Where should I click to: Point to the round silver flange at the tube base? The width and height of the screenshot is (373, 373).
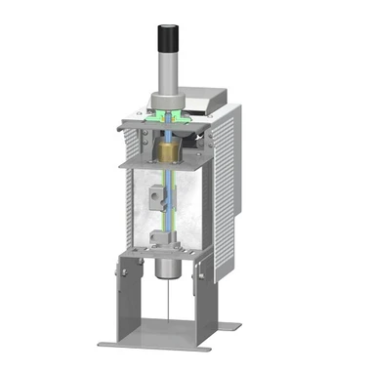(166, 101)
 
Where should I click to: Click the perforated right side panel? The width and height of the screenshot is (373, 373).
(227, 195)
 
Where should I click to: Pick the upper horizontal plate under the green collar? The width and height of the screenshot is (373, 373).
(161, 126)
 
